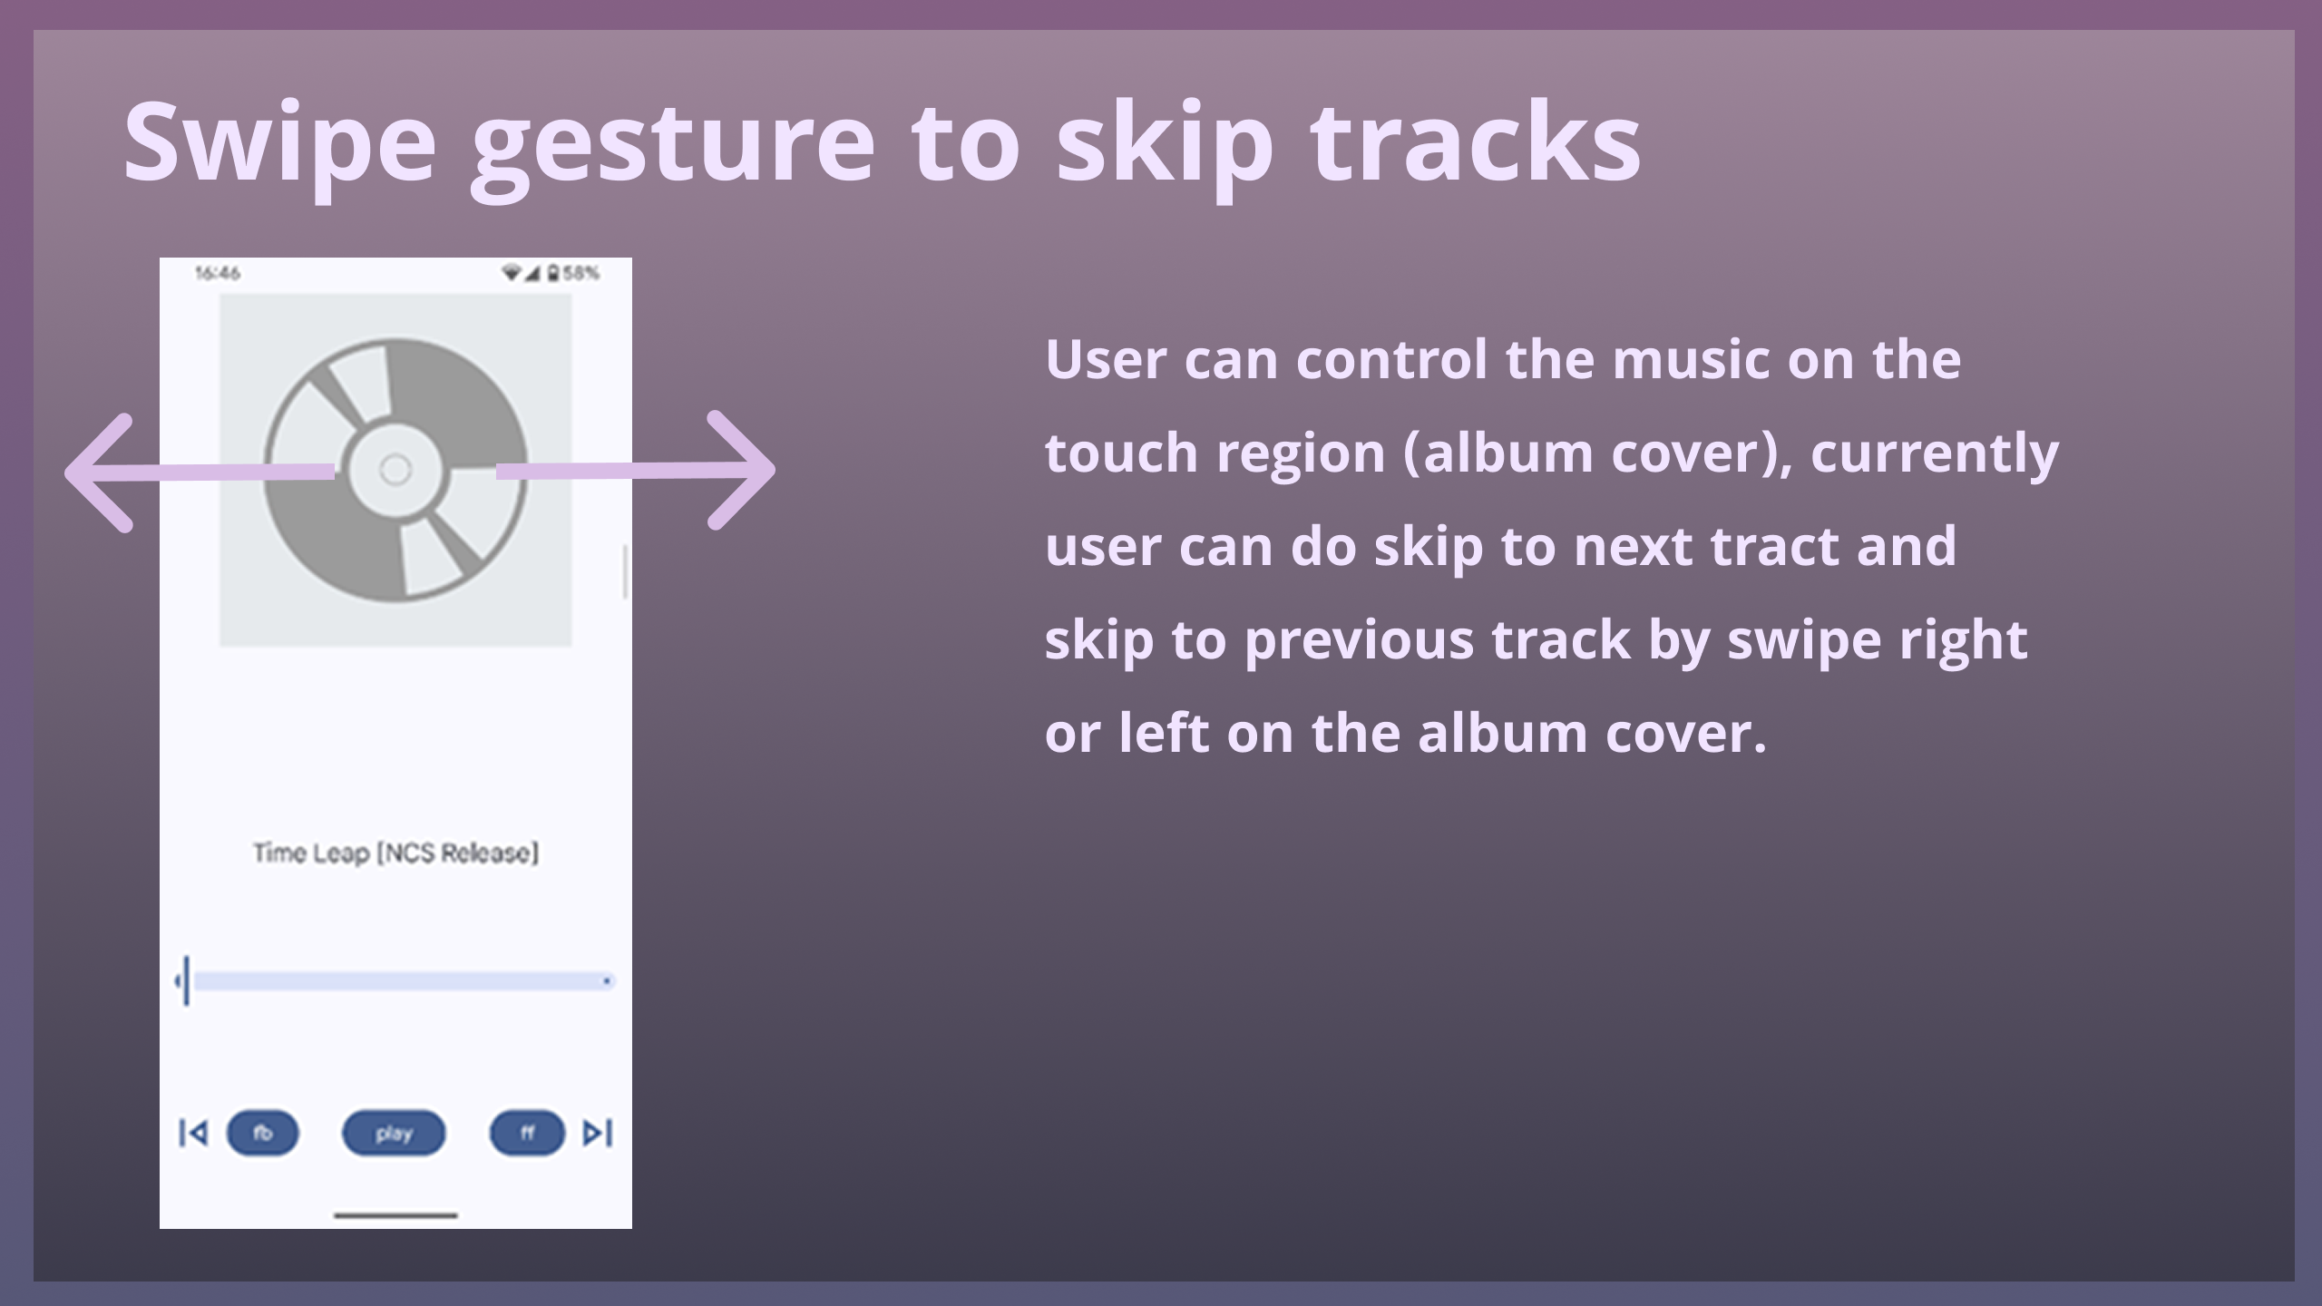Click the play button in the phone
[394, 1133]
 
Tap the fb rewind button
[262, 1133]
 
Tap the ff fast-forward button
[527, 1133]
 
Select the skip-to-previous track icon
[193, 1133]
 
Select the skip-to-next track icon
[598, 1133]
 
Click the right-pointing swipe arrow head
[741, 470]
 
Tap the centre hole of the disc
[395, 470]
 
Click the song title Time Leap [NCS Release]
[395, 853]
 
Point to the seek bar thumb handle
[186, 980]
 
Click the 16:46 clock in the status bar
[218, 273]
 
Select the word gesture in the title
[673, 145]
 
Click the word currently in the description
[1935, 453]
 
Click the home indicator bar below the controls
[395, 1215]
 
